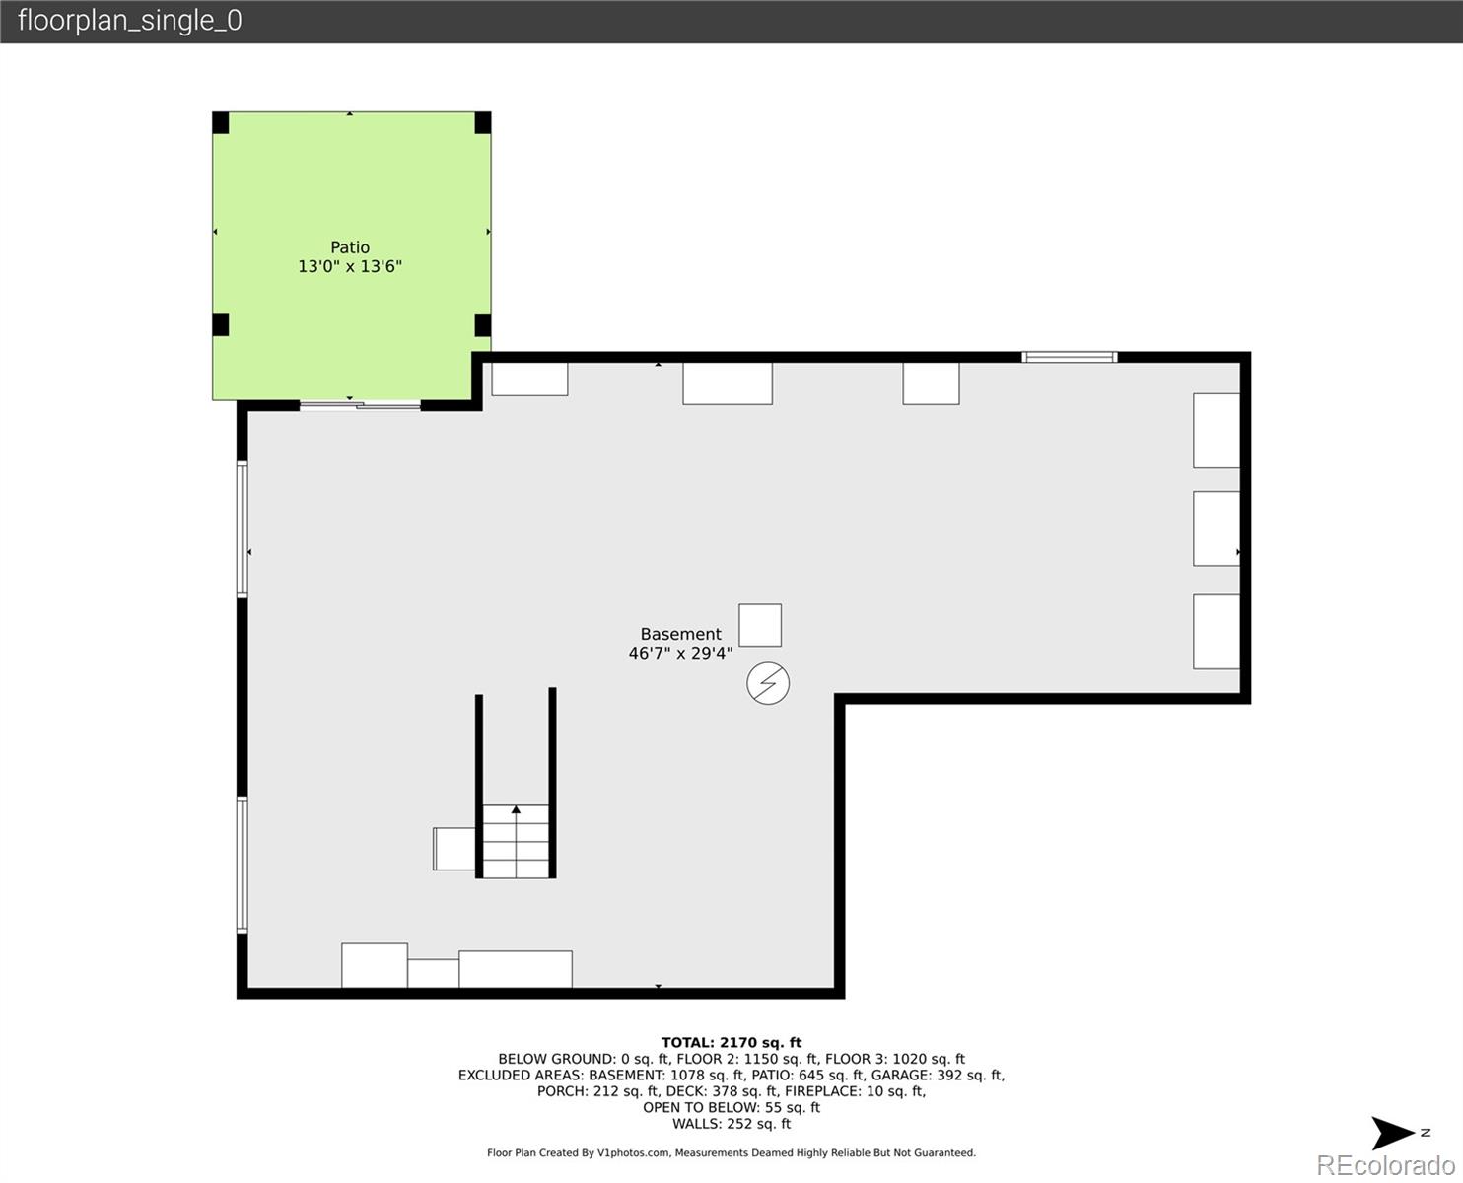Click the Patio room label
350,247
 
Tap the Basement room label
680,635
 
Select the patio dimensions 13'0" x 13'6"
350,266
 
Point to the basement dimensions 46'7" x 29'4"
680,654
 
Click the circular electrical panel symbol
768,683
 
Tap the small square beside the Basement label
760,625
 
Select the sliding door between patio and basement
360,404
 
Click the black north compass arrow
1394,1133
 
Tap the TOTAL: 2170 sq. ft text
731,1042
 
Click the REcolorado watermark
1384,1165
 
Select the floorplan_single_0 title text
129,21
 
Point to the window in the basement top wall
1069,357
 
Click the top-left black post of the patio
221,123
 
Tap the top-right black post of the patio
482,123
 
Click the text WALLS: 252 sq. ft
731,1124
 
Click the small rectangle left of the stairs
454,849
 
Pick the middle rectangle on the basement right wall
1217,528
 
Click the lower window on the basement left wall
242,865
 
